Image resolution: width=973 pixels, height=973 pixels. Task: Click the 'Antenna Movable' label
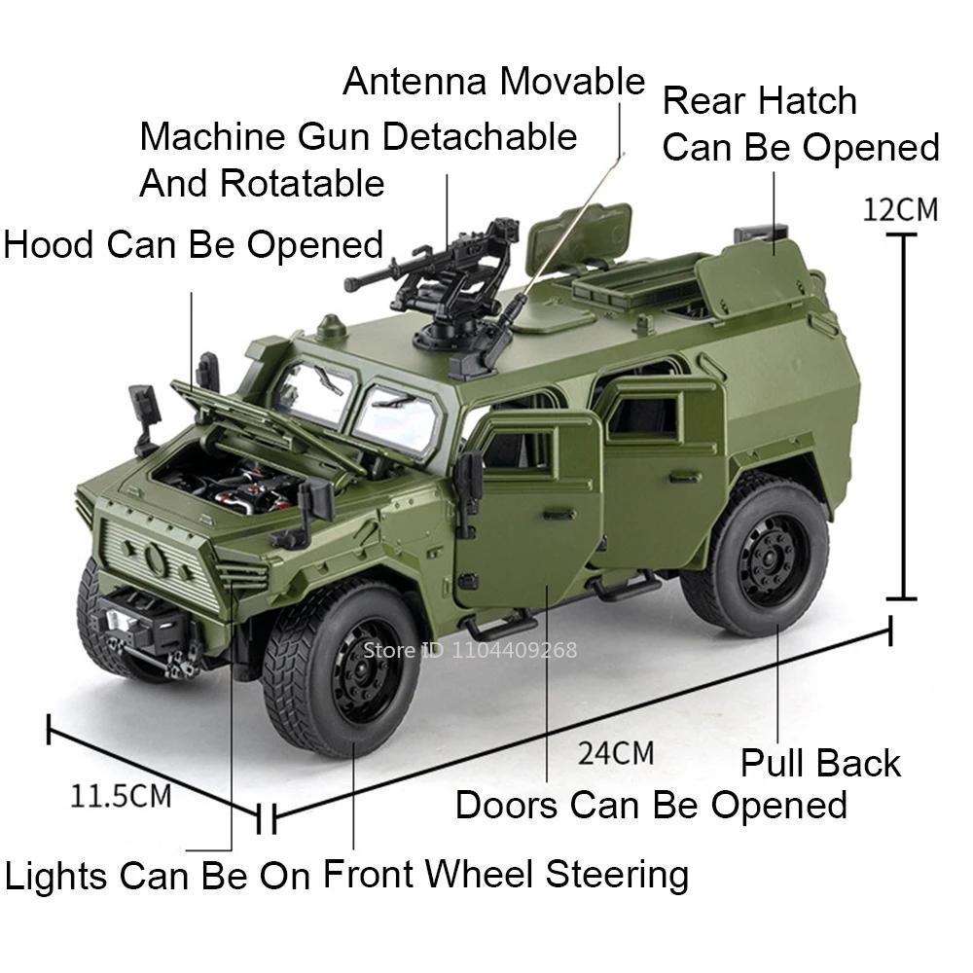tap(493, 82)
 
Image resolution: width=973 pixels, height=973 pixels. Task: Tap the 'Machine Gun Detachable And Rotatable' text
tap(358, 159)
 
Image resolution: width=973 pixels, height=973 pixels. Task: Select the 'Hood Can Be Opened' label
tap(193, 244)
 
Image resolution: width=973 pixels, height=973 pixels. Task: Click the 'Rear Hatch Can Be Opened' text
tap(800, 124)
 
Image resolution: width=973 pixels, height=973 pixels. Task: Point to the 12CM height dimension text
tap(900, 209)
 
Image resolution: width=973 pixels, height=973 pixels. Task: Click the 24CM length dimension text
tap(615, 752)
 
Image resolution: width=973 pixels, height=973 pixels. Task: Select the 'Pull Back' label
tap(820, 764)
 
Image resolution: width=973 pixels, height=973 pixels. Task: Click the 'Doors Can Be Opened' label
tap(651, 806)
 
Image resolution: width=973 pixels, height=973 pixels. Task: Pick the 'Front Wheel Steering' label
tap(505, 874)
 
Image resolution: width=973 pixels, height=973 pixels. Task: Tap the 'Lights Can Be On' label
tap(157, 876)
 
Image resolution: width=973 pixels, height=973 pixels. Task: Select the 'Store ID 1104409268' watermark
tap(471, 649)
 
